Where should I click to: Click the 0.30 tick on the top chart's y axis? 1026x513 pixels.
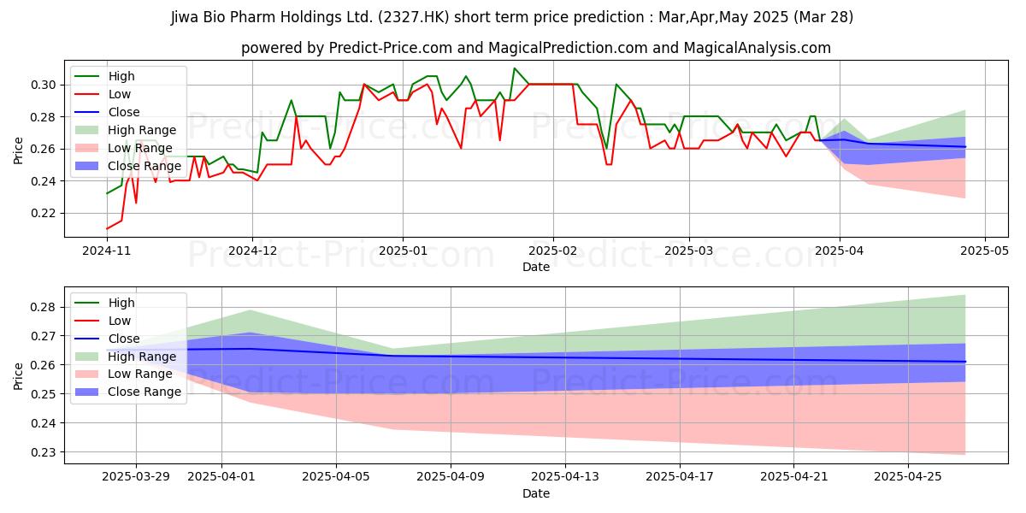(44, 85)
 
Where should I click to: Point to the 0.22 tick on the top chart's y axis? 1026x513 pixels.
(44, 213)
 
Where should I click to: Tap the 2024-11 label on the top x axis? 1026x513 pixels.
(107, 252)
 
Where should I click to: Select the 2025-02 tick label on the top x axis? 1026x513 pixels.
(552, 252)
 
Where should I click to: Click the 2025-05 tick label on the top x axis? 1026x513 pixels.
(985, 252)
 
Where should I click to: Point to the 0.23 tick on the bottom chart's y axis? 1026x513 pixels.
(44, 452)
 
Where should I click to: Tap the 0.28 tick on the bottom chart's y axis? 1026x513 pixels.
(44, 307)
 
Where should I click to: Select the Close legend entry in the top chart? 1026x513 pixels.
(125, 112)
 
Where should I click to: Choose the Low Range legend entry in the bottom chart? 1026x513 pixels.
(139, 374)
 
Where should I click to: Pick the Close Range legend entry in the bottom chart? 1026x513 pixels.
(144, 392)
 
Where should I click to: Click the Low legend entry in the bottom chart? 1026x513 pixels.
(120, 321)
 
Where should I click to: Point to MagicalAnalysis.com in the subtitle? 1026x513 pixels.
(751, 48)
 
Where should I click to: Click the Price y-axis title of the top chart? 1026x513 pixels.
(19, 150)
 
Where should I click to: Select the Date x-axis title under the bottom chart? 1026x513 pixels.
(536, 494)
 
